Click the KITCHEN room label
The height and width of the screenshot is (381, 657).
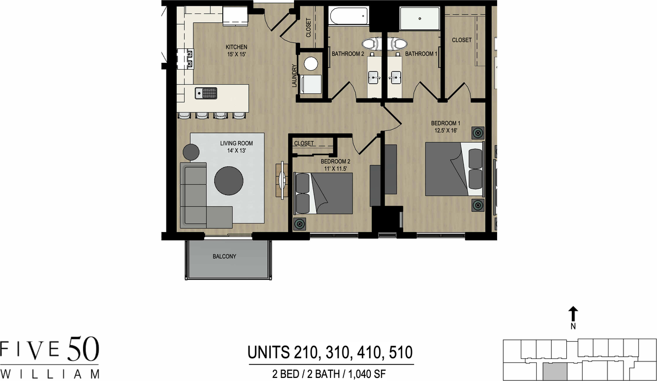point(236,47)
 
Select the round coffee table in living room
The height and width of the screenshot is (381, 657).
point(229,180)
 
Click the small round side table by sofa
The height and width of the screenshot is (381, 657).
point(191,152)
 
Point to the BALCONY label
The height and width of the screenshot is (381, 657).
point(224,256)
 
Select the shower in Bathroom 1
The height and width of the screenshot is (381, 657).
point(420,19)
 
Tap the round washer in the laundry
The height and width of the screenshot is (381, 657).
point(311,63)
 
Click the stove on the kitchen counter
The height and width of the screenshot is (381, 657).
point(185,58)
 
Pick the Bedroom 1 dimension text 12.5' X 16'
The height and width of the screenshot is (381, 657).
point(445,131)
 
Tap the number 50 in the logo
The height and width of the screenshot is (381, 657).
point(82,351)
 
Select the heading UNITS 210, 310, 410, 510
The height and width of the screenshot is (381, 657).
point(330,353)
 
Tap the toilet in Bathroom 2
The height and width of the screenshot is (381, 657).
point(371,43)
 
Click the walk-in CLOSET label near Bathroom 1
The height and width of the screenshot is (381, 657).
point(462,40)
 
